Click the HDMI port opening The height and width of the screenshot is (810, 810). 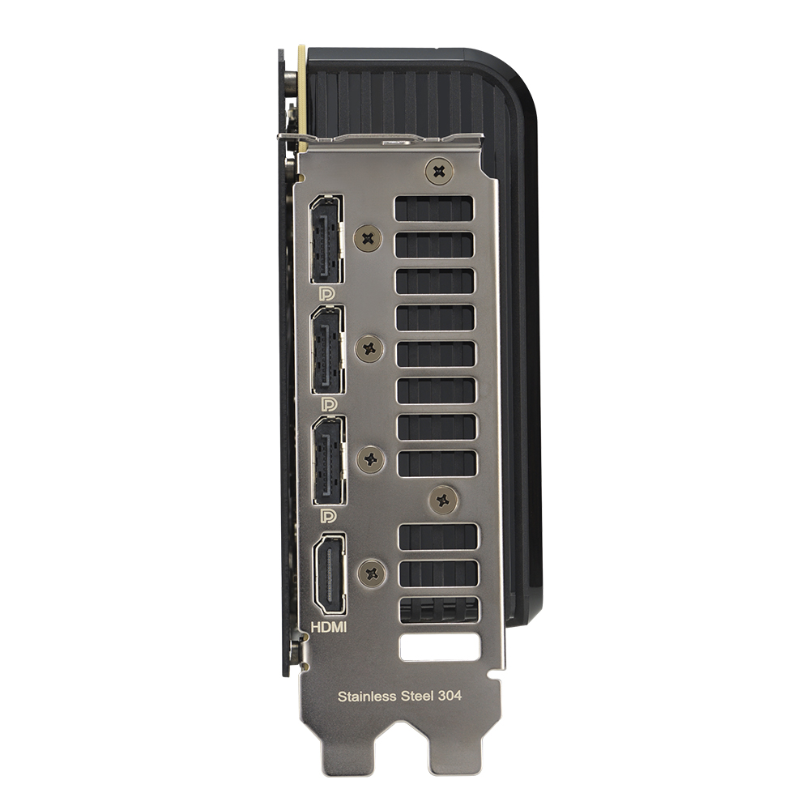pos(330,573)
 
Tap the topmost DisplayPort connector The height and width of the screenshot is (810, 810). pos(326,238)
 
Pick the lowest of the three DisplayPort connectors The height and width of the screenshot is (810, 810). pos(329,458)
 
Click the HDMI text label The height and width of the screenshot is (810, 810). pos(329,626)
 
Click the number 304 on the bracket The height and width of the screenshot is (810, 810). pos(449,695)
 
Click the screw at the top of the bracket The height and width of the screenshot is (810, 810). pos(438,171)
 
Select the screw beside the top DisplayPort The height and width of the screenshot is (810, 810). pos(370,238)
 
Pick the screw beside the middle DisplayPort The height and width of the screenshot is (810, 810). pos(370,348)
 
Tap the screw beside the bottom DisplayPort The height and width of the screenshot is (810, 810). pos(371,459)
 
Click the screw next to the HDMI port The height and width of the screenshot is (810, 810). pos(372,573)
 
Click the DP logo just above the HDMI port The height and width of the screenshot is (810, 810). pos(329,515)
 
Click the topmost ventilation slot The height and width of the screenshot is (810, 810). pos(433,208)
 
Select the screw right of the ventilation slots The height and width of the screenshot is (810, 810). pos(442,499)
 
